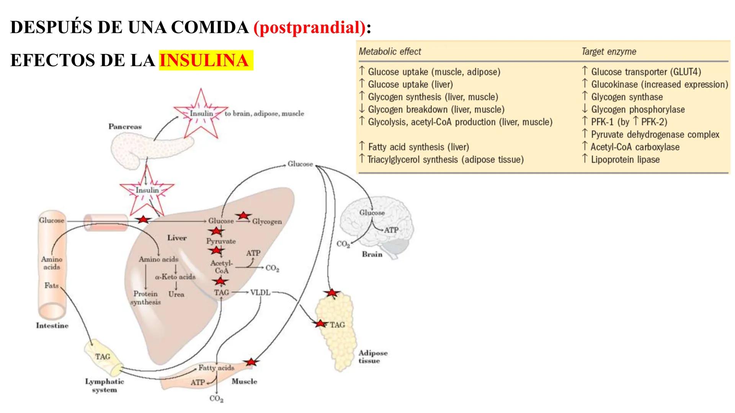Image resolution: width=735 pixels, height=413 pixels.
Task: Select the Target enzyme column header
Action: pos(609,52)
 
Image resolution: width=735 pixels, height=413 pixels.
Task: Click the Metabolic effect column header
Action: pos(390,52)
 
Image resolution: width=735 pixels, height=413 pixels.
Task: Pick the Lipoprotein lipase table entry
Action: pos(625,159)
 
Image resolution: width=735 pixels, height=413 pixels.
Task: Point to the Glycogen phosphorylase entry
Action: pos(638,109)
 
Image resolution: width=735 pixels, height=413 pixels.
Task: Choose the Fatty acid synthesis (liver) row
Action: pos(418,147)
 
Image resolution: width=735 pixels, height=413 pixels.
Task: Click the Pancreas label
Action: pos(125,127)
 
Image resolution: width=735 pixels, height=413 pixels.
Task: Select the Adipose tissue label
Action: pos(372,357)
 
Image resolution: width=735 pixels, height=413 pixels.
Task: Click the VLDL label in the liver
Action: pos(260,293)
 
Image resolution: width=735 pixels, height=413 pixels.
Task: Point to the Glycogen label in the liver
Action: pos(267,221)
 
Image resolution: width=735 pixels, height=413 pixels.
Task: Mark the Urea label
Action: pos(176,294)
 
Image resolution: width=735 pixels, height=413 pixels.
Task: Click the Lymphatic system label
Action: pos(104,385)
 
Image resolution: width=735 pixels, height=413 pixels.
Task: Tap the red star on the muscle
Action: pos(250,362)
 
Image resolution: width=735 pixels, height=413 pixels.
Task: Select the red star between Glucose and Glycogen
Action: pos(243,216)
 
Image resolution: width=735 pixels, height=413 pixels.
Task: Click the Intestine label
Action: pos(52,326)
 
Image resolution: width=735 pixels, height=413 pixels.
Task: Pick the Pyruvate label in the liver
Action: pos(221,241)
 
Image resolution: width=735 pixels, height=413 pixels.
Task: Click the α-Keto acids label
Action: pos(175,277)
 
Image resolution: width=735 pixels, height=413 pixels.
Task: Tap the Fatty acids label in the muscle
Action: pos(216,368)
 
